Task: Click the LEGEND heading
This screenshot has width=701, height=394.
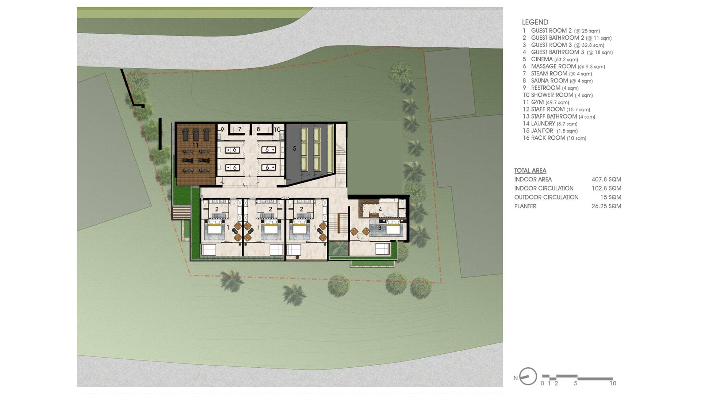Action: pyautogui.click(x=535, y=22)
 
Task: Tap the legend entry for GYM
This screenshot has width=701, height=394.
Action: pyautogui.click(x=546, y=102)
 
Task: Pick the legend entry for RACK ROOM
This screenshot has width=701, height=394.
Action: pyautogui.click(x=554, y=138)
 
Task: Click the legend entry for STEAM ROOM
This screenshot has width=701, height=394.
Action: pyautogui.click(x=557, y=74)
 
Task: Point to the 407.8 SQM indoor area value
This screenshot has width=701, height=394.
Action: pyautogui.click(x=606, y=179)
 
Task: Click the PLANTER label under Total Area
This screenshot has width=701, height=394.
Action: pyautogui.click(x=525, y=206)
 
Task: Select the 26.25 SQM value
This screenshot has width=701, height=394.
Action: pyautogui.click(x=606, y=206)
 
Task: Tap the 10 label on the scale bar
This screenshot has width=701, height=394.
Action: pyautogui.click(x=613, y=383)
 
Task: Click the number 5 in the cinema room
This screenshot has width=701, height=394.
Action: pyautogui.click(x=295, y=148)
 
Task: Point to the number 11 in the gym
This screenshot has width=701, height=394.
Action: pyautogui.click(x=195, y=145)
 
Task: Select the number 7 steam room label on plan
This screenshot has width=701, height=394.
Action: pyautogui.click(x=240, y=129)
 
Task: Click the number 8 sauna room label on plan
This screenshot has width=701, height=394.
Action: pyautogui.click(x=258, y=129)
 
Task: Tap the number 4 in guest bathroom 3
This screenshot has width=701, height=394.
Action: pyautogui.click(x=380, y=209)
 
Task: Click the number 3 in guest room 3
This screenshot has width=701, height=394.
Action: pyautogui.click(x=380, y=228)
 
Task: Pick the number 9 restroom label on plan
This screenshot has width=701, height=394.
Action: pyautogui.click(x=222, y=130)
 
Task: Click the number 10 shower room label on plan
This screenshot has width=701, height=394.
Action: pyautogui.click(x=277, y=130)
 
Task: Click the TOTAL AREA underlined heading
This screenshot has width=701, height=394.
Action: pyautogui.click(x=530, y=171)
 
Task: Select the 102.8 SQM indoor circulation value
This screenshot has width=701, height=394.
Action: pyautogui.click(x=606, y=188)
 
